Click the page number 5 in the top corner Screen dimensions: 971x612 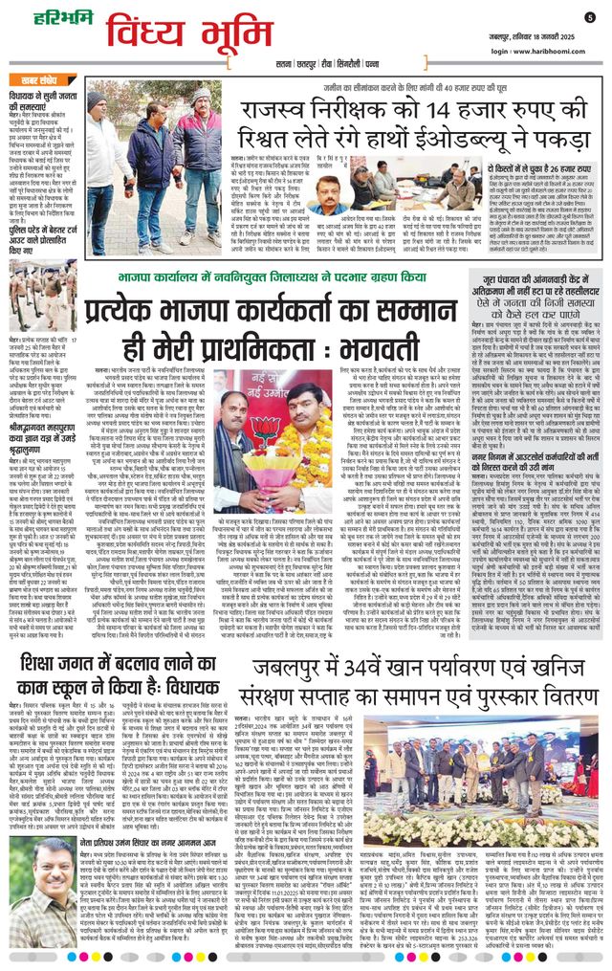(x=590, y=16)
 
